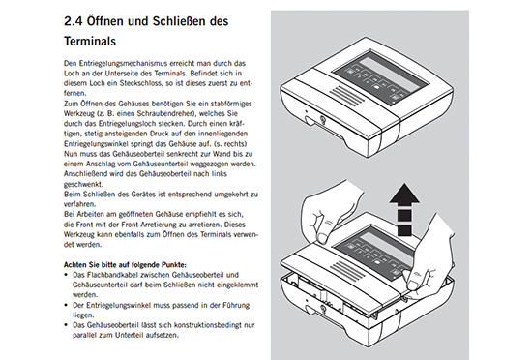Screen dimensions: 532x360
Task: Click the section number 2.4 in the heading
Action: click(73, 21)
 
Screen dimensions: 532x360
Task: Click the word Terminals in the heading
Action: click(90, 41)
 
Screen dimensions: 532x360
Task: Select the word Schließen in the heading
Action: click(179, 21)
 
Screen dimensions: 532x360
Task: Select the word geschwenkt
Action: click(83, 184)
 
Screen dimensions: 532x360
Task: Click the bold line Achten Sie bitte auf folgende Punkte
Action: click(125, 264)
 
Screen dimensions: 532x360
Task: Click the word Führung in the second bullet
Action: click(236, 305)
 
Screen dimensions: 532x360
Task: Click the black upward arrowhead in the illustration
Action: click(404, 195)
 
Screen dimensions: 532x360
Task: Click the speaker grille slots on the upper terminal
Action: click(346, 96)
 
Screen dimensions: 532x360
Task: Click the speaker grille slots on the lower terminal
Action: click(346, 271)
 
